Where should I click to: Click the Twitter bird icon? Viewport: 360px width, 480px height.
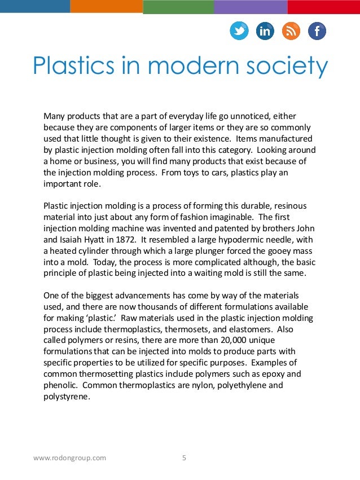239,31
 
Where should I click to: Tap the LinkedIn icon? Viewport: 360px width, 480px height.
265,31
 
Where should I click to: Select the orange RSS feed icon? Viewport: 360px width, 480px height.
291,31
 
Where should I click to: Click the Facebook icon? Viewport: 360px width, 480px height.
317,31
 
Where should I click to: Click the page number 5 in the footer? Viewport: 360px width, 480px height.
184,458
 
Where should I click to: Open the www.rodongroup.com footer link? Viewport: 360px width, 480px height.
69,458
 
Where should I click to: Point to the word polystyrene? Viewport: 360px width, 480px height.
66,396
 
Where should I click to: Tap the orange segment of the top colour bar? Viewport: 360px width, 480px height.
107,6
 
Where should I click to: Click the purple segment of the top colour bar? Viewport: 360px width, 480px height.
251,6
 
